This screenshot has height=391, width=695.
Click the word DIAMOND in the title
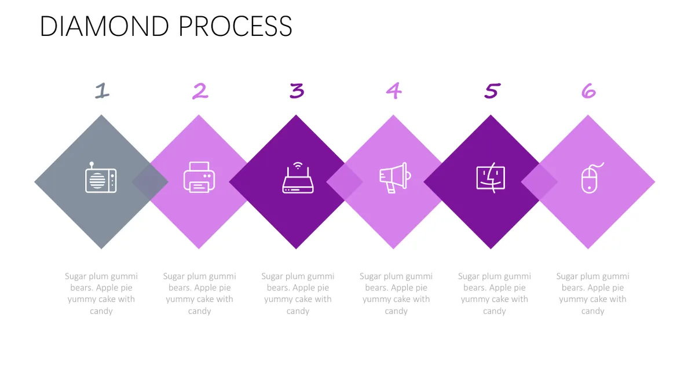point(105,27)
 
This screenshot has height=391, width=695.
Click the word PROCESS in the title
point(236,27)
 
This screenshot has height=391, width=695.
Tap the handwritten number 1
point(102,90)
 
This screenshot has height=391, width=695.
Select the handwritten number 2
point(200,91)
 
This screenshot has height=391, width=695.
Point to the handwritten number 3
point(297,90)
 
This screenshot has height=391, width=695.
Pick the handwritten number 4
point(394,91)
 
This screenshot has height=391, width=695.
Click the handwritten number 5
point(492,90)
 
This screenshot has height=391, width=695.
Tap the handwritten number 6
point(588,91)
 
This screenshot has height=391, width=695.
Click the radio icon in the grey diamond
point(101,177)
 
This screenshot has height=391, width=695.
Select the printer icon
point(199,177)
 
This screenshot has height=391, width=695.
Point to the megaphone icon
point(395,178)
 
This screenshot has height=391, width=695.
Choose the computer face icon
point(491,178)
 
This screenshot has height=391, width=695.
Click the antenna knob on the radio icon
point(92,163)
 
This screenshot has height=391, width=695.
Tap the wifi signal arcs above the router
point(298,166)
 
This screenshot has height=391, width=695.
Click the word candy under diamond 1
point(101,311)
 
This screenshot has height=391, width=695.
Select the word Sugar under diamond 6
point(567,276)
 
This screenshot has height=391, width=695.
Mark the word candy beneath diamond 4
point(396,311)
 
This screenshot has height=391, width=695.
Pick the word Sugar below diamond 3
point(272,276)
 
